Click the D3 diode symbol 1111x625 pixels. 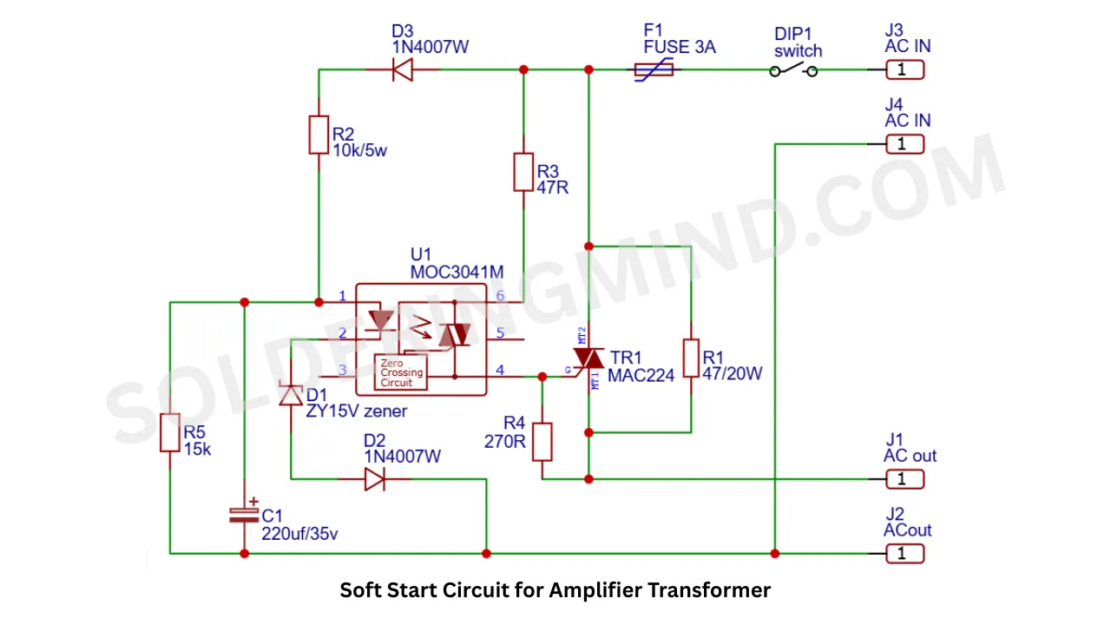pos(402,69)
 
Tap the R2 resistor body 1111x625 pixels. pos(319,135)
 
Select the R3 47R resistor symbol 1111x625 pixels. pos(523,172)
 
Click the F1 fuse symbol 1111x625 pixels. pos(654,69)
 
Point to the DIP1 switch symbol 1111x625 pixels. pos(793,70)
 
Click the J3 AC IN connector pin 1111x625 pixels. pos(904,69)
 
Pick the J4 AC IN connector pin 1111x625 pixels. pos(904,144)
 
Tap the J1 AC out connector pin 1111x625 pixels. pos(904,479)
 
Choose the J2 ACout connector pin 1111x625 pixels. pos(904,554)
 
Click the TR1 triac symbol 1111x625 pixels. pos(588,359)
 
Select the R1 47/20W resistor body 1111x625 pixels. pos(691,359)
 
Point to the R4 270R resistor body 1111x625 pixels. pos(542,442)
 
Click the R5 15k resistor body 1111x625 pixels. pos(170,432)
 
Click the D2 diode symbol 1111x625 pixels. pos(374,479)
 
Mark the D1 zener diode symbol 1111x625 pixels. pos(291,395)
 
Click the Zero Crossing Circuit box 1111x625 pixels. pos(401,372)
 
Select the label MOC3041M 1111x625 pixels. pos(457,273)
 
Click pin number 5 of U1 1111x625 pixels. pos(500,332)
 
